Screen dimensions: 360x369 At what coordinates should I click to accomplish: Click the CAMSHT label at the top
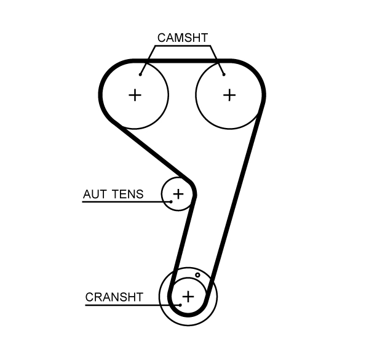(x=183, y=38)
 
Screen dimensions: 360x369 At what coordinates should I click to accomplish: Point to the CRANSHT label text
(x=114, y=298)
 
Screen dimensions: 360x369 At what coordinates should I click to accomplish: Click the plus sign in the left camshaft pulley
(x=135, y=95)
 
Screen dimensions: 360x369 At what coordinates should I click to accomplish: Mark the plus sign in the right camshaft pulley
(x=229, y=95)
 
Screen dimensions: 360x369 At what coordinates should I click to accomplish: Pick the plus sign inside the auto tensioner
(x=178, y=194)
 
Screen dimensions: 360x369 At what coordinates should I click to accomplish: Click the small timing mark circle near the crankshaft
(x=198, y=275)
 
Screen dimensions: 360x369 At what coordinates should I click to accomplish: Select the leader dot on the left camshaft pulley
(x=141, y=74)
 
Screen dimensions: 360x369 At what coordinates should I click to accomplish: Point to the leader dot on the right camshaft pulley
(x=224, y=74)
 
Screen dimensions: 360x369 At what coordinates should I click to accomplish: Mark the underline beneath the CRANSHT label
(x=123, y=305)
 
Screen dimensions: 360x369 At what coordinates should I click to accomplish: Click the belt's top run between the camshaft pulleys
(x=183, y=61)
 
